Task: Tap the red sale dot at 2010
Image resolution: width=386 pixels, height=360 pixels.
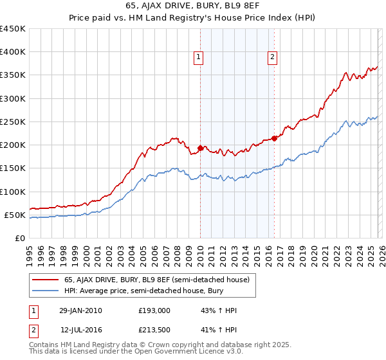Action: pyautogui.click(x=200, y=148)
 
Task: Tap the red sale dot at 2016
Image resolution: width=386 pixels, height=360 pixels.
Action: pyautogui.click(x=275, y=138)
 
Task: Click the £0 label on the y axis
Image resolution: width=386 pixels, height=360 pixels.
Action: pyautogui.click(x=21, y=238)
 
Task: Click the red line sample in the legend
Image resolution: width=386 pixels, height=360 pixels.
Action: pyautogui.click(x=45, y=280)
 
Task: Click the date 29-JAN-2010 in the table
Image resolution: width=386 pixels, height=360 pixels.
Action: pyautogui.click(x=80, y=310)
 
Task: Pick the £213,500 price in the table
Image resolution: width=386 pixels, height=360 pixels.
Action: pyautogui.click(x=155, y=330)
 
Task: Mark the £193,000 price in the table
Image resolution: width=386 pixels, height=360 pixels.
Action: pyautogui.click(x=155, y=310)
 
